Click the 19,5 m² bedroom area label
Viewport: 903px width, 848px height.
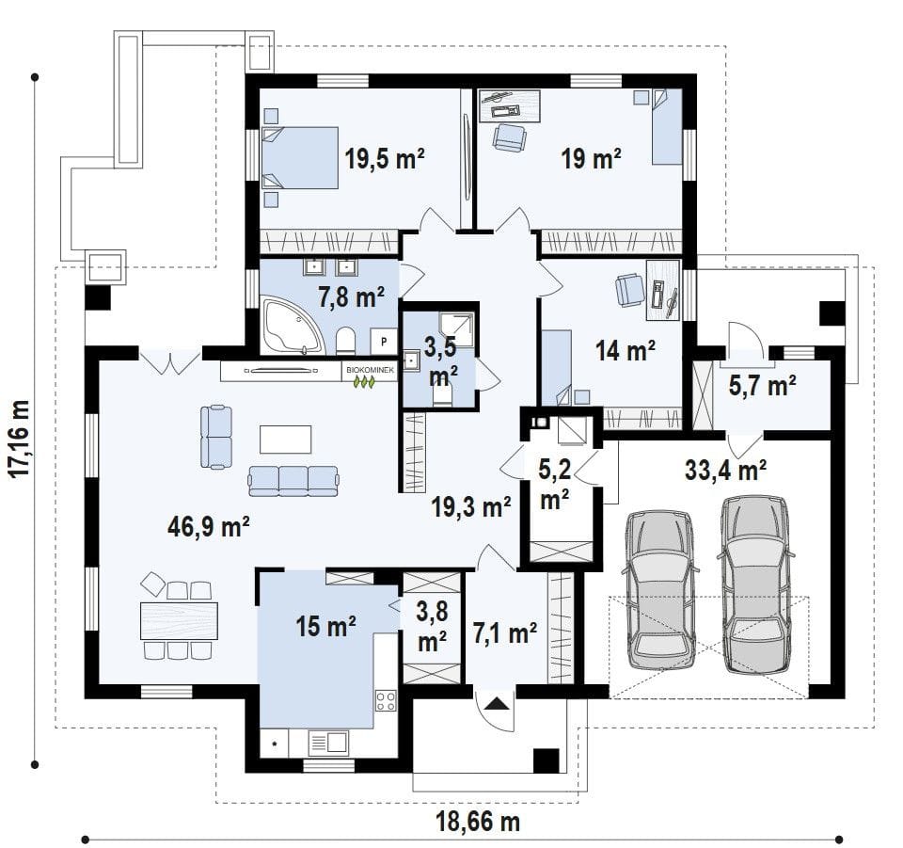pos(385,158)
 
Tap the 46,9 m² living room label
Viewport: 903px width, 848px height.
pos(209,526)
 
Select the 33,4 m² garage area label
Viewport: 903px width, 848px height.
pos(725,470)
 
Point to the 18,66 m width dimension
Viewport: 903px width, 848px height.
pos(478,822)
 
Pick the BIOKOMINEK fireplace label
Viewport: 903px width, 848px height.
pos(371,370)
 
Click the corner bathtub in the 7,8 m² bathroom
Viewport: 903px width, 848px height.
pos(292,325)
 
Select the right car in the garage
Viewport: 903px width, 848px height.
pos(755,584)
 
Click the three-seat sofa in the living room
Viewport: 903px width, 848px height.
pos(293,481)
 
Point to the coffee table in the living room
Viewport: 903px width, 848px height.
pos(286,440)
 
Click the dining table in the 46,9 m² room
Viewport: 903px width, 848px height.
pos(180,620)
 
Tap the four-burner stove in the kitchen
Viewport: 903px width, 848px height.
pos(386,700)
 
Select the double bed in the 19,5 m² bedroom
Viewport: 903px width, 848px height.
pos(299,158)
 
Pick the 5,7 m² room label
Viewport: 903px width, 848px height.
pos(763,386)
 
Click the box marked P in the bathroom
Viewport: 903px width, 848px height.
pos(384,341)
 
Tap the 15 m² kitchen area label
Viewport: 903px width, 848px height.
pos(326,626)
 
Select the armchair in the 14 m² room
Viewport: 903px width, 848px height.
pos(629,290)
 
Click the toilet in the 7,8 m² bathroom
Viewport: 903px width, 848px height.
pos(345,341)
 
